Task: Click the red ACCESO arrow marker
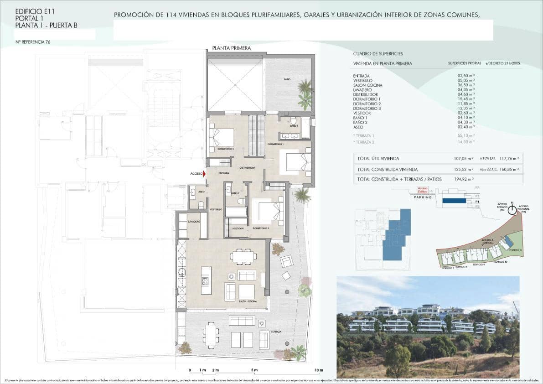tap(204, 173)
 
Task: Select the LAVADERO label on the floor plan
tap(194, 221)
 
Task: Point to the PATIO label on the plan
tap(287, 79)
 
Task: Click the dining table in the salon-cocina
tap(243, 256)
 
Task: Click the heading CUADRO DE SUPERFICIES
tap(378, 54)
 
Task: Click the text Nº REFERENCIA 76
tap(33, 42)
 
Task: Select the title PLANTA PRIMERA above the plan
tap(231, 48)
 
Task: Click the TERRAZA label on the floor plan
tap(275, 332)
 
